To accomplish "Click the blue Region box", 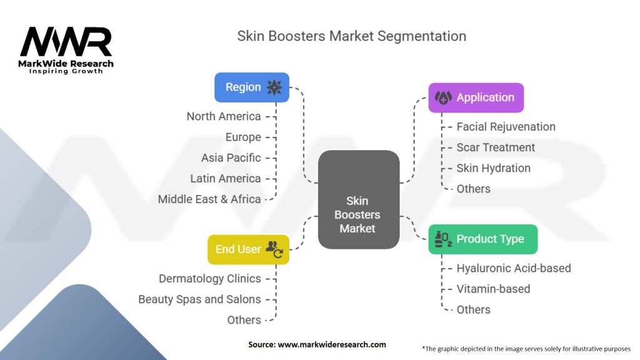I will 251,87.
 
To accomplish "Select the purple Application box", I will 476,97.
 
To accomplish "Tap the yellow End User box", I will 248,249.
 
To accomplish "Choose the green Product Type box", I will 482,239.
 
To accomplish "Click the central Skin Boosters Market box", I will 358,214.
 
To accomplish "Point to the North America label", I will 224,116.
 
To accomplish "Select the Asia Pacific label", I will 231,157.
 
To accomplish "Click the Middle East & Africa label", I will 209,199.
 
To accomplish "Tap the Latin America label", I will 226,178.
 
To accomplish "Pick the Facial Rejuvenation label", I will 506,126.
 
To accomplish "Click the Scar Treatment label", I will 496,147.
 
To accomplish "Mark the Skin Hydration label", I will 493,167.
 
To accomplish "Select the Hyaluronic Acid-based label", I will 513,268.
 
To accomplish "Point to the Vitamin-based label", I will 493,289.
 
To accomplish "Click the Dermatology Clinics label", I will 210,278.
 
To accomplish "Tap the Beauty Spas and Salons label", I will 199,299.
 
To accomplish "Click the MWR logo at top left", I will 66,49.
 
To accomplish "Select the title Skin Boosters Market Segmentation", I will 351,36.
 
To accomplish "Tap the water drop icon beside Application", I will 443,97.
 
